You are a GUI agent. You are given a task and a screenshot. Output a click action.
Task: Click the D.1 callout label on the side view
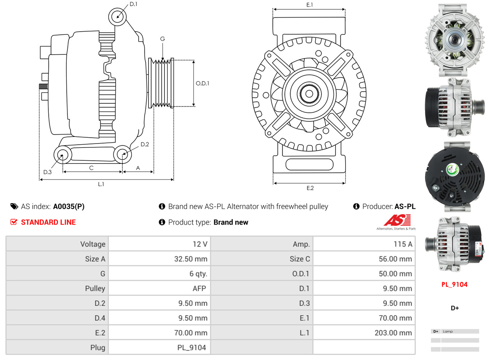tap(133, 4)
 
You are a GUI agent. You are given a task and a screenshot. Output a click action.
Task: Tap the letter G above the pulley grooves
tap(162, 39)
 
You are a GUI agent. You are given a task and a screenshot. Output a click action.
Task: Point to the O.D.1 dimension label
tap(202, 83)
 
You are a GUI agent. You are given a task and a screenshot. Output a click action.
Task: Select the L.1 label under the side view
tap(101, 184)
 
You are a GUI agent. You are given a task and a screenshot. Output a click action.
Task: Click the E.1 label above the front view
tap(310, 5)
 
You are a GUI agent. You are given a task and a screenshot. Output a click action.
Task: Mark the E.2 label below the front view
tap(310, 188)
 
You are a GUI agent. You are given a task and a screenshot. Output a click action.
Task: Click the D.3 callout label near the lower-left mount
tap(48, 172)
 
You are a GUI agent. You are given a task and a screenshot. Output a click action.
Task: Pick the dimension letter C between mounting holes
tap(91, 168)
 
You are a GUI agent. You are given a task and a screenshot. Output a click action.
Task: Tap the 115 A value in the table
tap(403, 244)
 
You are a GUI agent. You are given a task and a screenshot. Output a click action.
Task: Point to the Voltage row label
tap(93, 244)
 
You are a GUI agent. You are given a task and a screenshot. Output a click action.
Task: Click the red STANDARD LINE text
tap(48, 222)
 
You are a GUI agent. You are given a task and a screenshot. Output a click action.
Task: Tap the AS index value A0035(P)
tap(69, 207)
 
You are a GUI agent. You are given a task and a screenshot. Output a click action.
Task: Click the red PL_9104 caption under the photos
tap(454, 284)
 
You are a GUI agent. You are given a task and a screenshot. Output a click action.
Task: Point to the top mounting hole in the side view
tap(117, 17)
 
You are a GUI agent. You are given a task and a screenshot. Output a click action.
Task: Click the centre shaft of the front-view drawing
tap(309, 94)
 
